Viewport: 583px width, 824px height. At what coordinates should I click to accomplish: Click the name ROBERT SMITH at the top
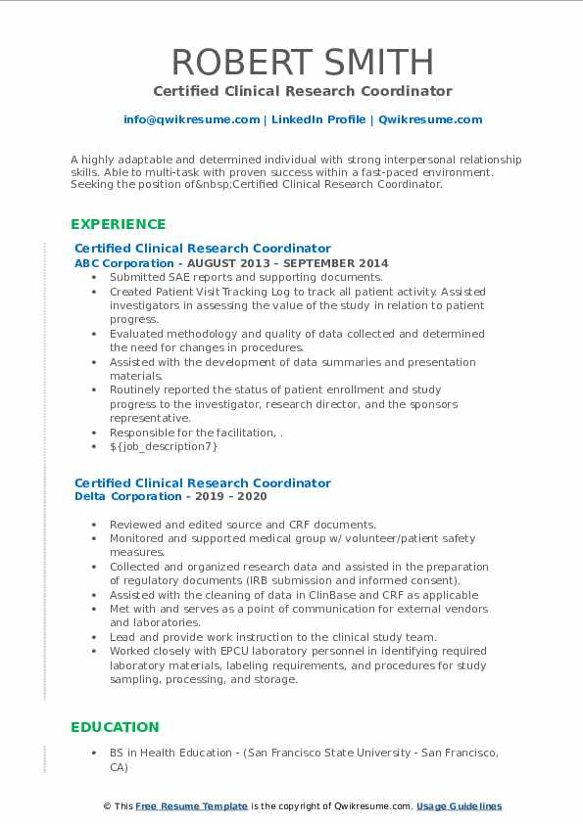(x=291, y=62)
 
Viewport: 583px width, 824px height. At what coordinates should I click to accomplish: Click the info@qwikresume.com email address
(x=192, y=119)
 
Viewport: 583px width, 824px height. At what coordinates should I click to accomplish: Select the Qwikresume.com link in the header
(x=430, y=119)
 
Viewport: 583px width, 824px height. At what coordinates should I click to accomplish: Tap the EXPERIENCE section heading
(x=119, y=224)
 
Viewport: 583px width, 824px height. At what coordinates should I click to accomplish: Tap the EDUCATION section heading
(x=115, y=727)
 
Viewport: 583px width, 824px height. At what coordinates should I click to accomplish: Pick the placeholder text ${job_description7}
(x=164, y=446)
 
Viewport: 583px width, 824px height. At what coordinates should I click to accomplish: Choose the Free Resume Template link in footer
(x=191, y=806)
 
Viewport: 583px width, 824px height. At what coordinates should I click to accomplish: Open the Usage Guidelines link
(x=459, y=806)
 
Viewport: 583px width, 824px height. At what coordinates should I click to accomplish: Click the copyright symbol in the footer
(x=107, y=806)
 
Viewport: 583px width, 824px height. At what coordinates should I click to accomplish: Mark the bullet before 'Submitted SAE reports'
(x=94, y=278)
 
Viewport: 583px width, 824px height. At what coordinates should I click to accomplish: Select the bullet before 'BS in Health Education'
(x=94, y=754)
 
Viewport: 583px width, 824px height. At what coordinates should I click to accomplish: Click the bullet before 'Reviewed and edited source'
(x=94, y=526)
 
